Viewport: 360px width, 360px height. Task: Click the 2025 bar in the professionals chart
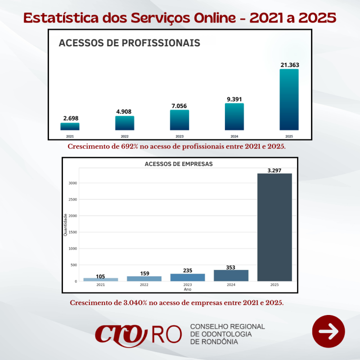289,100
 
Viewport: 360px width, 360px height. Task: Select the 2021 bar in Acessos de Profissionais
70,126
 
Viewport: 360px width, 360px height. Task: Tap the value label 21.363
289,65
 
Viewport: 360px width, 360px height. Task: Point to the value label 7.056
180,106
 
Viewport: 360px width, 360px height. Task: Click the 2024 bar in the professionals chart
234,117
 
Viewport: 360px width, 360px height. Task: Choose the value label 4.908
125,112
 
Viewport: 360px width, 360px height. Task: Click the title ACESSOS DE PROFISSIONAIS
129,43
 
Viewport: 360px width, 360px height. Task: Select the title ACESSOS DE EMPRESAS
179,164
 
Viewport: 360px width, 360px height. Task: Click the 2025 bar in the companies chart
274,227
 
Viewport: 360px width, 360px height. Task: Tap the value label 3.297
274,170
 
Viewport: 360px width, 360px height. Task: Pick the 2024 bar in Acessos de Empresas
231,275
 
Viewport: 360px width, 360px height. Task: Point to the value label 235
188,270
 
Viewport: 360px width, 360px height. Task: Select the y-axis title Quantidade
66,225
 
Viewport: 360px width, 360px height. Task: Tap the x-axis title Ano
188,289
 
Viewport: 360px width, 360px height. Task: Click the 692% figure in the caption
130,147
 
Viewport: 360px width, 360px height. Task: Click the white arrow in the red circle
328,332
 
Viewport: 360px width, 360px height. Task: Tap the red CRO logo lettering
121,333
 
